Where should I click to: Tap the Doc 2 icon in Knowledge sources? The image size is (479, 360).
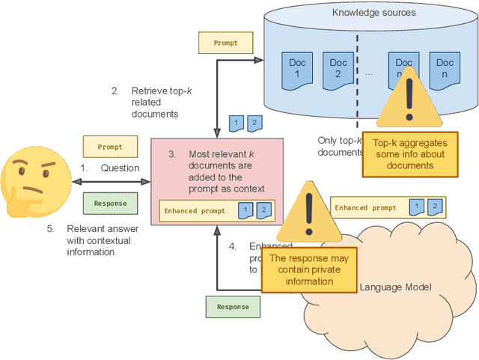pyautogui.click(x=338, y=69)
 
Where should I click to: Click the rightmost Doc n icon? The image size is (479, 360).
pyautogui.click(x=445, y=69)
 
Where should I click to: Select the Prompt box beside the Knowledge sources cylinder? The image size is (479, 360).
pyautogui.click(x=225, y=43)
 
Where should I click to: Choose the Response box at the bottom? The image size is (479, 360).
pyautogui.click(x=232, y=307)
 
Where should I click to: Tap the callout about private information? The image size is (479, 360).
pyautogui.click(x=308, y=270)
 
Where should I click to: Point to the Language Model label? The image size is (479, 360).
pyautogui.click(x=395, y=287)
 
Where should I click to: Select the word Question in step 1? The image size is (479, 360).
pyautogui.click(x=120, y=168)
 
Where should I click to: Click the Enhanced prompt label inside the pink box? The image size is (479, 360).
pyautogui.click(x=192, y=211)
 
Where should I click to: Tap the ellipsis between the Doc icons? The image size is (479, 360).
pyautogui.click(x=369, y=73)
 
